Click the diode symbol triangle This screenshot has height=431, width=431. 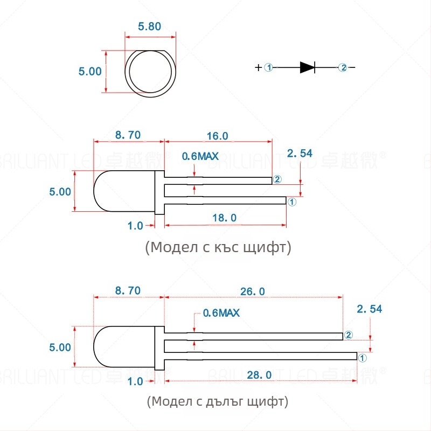(307, 67)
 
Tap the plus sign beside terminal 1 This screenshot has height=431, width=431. (259, 67)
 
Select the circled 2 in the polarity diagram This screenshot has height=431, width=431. (343, 67)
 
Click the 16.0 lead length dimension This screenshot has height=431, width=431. (218, 136)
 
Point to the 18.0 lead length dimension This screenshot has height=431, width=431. (225, 218)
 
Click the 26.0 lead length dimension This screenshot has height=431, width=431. (253, 291)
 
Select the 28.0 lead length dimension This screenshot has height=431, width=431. (261, 374)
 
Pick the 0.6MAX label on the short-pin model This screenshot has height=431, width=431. (200, 156)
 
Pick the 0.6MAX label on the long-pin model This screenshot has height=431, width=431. (221, 312)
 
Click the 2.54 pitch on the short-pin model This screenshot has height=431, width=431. (300, 154)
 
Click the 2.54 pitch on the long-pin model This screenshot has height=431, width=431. (369, 309)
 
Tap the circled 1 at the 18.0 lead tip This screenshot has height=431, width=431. (291, 201)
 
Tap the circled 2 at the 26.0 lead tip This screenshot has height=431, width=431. (348, 335)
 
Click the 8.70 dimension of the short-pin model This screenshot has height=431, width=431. (128, 136)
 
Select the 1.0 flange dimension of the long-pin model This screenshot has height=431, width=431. (135, 381)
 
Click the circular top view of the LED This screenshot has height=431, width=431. (150, 73)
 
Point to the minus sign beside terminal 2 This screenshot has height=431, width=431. (353, 67)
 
